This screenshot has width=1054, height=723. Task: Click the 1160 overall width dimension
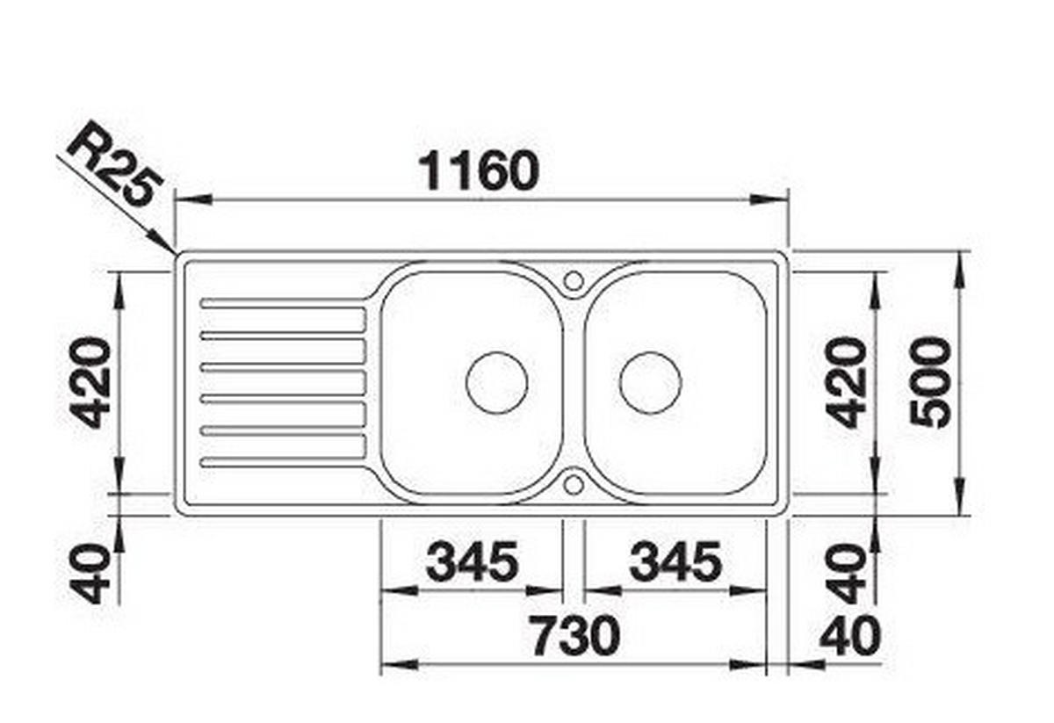click(x=480, y=170)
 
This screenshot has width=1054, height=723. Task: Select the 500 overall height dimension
click(x=930, y=383)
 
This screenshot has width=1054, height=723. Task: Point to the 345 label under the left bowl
click(x=472, y=561)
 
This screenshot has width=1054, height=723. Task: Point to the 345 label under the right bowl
click(x=675, y=561)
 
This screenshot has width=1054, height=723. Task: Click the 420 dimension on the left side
click(x=90, y=382)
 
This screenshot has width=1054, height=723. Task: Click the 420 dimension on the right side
click(x=846, y=382)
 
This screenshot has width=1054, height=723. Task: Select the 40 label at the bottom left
click(x=90, y=574)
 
